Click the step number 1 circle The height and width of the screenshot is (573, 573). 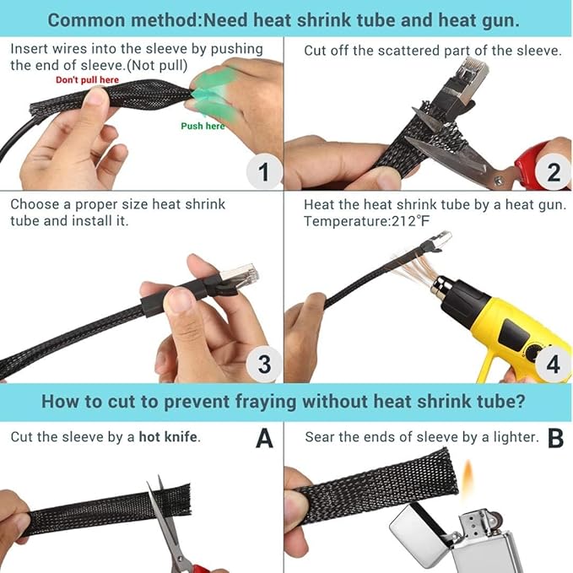264,171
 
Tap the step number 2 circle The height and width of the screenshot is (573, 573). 554,171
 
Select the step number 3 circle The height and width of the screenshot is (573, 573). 264,364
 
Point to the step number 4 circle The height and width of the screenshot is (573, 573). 554,364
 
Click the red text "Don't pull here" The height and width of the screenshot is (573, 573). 87,80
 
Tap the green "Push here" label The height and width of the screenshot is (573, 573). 203,126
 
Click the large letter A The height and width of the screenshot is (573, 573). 265,438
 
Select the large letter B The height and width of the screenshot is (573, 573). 556,438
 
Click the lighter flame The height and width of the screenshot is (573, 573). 468,478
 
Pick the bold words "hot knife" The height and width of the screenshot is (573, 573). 168,437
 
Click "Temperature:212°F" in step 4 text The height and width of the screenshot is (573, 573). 367,221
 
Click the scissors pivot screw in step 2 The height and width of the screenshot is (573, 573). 497,179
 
